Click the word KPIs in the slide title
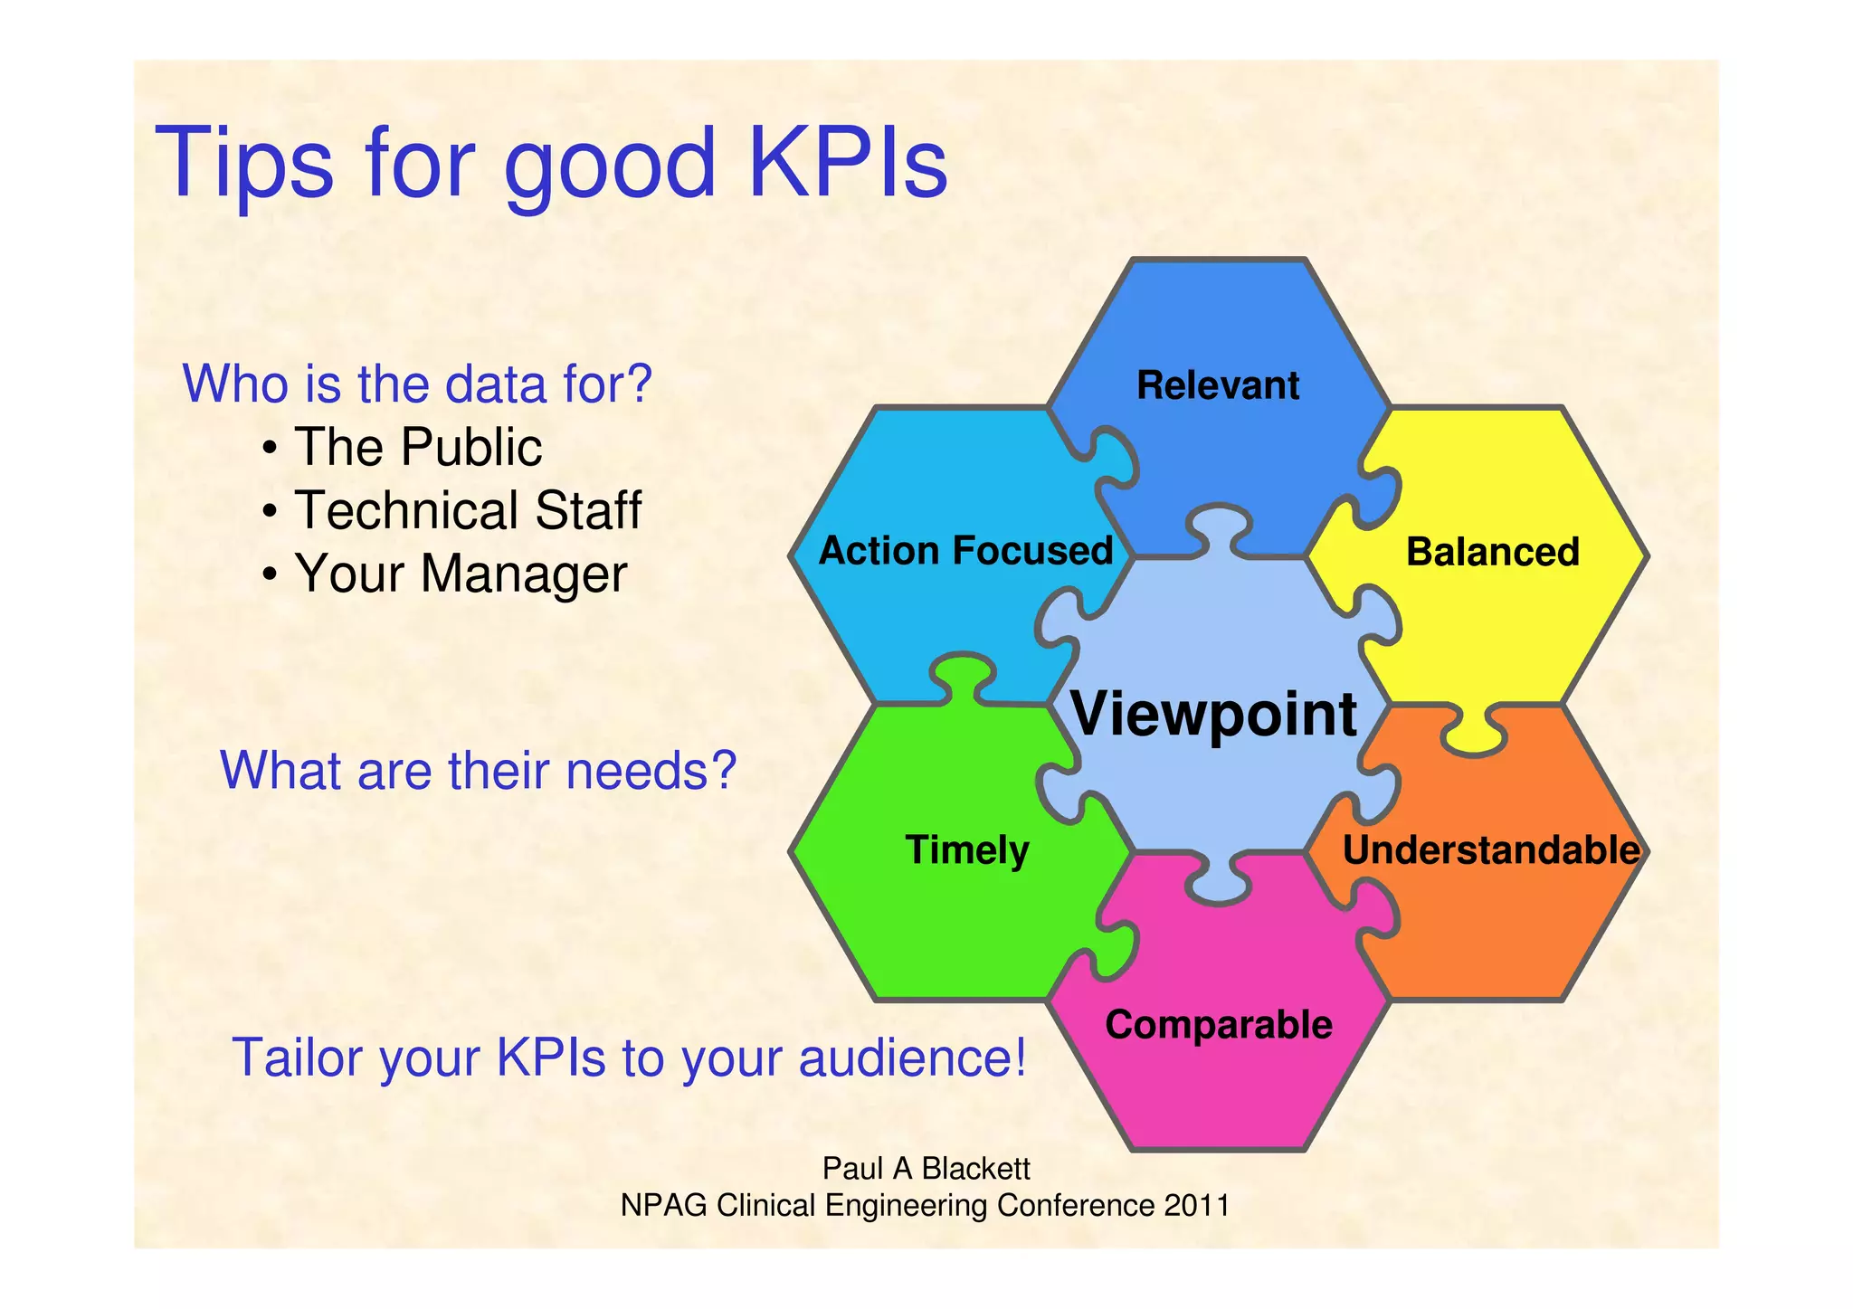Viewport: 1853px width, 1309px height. click(x=848, y=163)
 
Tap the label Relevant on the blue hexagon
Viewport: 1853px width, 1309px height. click(x=1217, y=385)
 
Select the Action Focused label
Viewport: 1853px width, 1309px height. click(x=965, y=551)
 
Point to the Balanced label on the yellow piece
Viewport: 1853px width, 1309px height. click(x=1492, y=552)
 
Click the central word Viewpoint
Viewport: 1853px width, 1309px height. click(x=1213, y=715)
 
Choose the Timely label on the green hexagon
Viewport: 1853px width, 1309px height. click(x=967, y=850)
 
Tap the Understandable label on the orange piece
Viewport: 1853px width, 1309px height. click(x=1490, y=850)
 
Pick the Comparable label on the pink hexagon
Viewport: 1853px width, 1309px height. click(x=1218, y=1025)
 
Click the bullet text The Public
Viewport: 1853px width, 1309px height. click(x=417, y=447)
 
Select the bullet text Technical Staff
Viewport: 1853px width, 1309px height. click(x=467, y=510)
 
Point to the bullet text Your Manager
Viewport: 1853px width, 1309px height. click(x=460, y=574)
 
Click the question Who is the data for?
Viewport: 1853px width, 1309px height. click(x=417, y=384)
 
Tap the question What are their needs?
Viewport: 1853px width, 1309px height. click(x=478, y=771)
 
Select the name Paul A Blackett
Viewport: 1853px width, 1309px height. click(x=926, y=1169)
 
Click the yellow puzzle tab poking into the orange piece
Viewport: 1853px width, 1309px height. click(x=1475, y=735)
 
